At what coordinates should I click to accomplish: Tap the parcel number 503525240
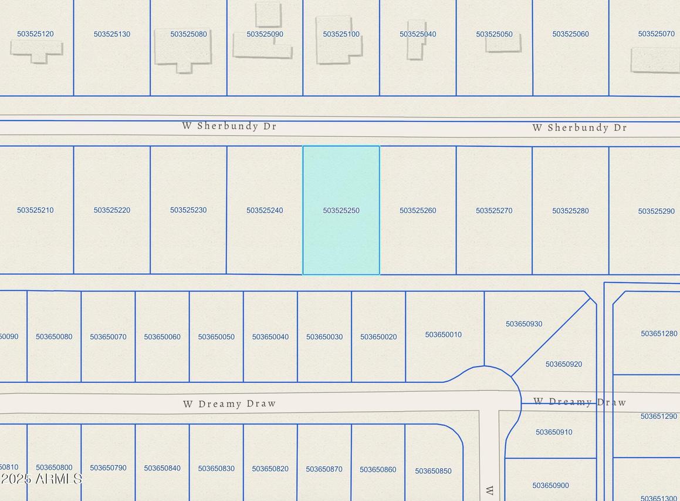tap(265, 210)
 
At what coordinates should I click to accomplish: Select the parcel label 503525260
tap(418, 210)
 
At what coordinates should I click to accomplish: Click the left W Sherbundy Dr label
tap(229, 126)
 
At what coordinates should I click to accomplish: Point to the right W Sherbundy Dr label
tap(580, 127)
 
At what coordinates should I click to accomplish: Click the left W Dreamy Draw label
tap(229, 404)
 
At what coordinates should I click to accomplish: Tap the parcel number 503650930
tap(524, 324)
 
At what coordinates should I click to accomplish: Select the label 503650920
tap(564, 364)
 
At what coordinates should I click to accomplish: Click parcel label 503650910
tap(554, 432)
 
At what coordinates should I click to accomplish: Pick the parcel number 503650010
tap(444, 335)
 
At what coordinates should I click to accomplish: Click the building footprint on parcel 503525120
tap(36, 50)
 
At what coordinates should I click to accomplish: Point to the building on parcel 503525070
tap(655, 60)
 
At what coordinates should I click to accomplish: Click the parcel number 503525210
tap(35, 210)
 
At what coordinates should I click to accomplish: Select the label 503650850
tap(433, 471)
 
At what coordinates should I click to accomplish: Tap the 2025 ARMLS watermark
tap(41, 479)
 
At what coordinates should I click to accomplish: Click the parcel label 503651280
tap(659, 334)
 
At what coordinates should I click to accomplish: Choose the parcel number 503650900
tap(550, 486)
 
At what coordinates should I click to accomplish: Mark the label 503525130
tap(112, 34)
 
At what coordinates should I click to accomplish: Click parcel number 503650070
tap(108, 337)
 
